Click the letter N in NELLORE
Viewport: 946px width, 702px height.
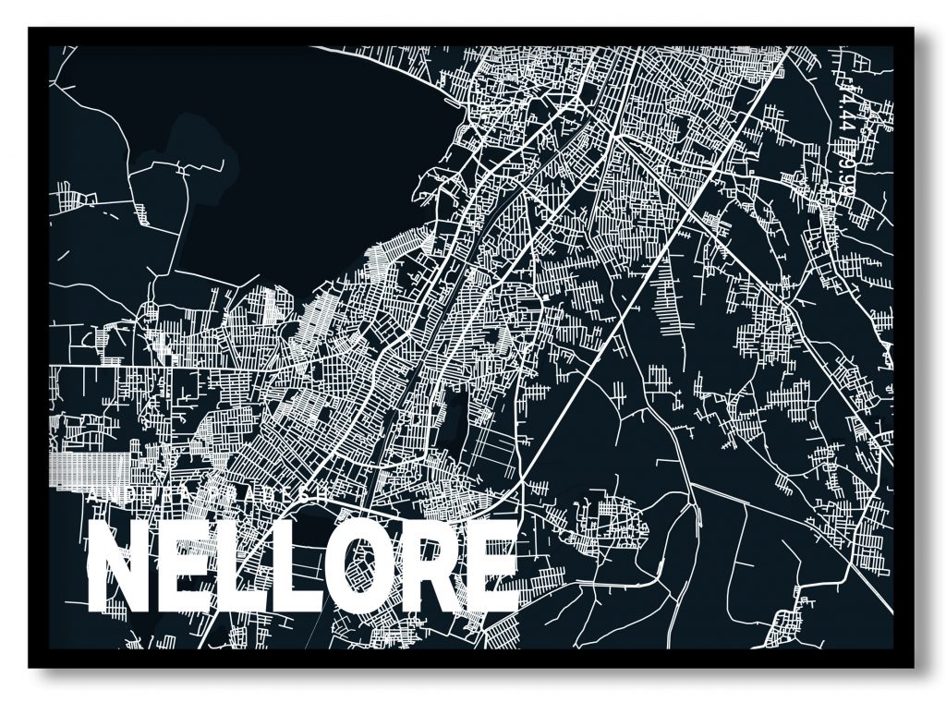pos(118,567)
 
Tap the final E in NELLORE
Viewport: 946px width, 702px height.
pos(491,567)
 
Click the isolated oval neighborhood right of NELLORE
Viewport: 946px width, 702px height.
pos(605,526)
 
